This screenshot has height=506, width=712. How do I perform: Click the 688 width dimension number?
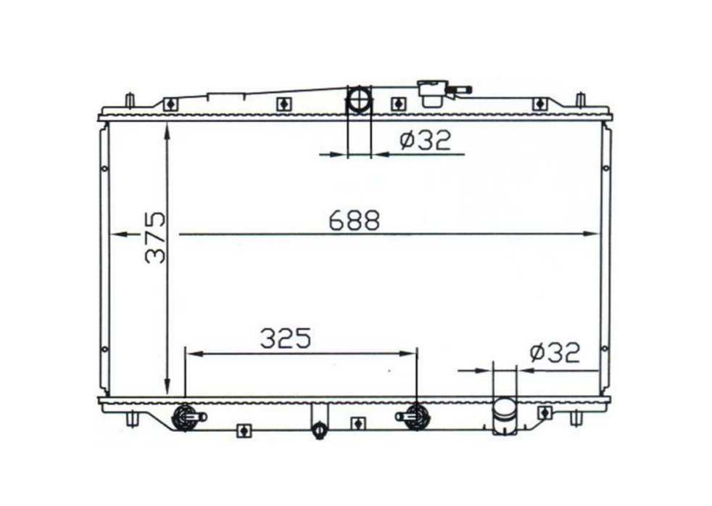click(x=354, y=220)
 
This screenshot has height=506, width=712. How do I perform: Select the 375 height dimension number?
click(x=155, y=237)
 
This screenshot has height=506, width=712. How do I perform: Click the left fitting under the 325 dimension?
click(x=186, y=417)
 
